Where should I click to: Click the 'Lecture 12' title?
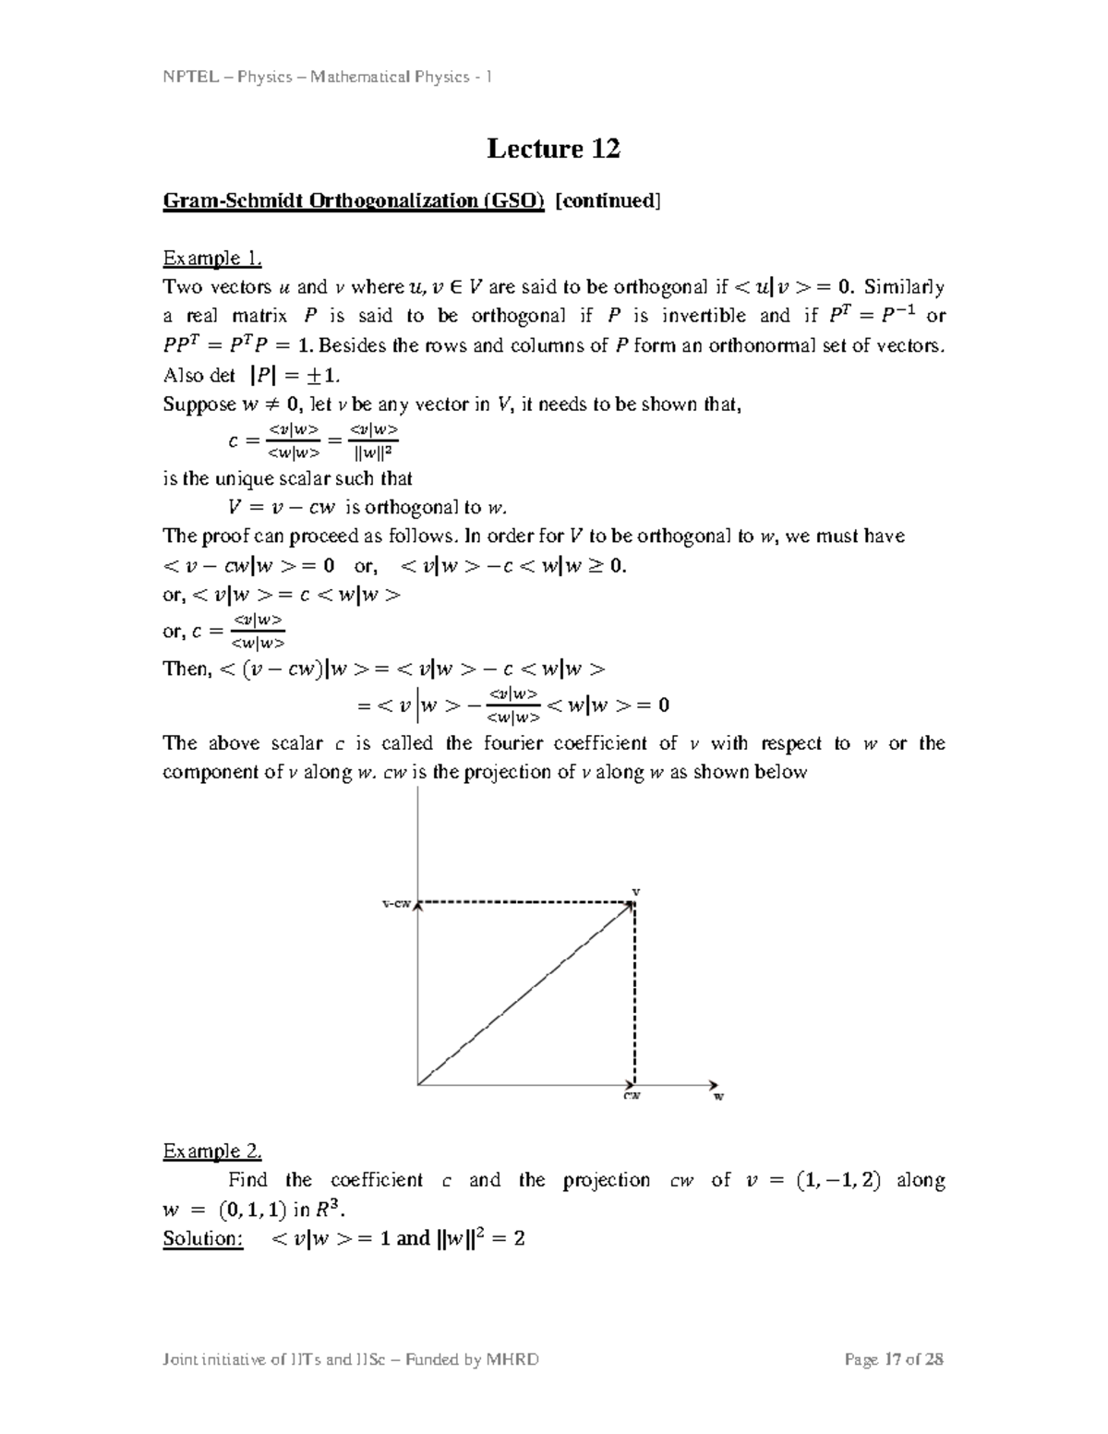553,149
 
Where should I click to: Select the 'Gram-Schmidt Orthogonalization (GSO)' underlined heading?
354,201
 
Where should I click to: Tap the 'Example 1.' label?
211,258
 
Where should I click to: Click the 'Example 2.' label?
211,1151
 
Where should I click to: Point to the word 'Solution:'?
203,1238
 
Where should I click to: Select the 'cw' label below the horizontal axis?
632,1096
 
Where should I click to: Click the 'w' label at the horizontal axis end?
718,1096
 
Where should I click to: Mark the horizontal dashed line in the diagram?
526,902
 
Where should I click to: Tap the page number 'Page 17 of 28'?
894,1359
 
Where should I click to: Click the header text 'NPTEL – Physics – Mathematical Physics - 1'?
327,77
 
